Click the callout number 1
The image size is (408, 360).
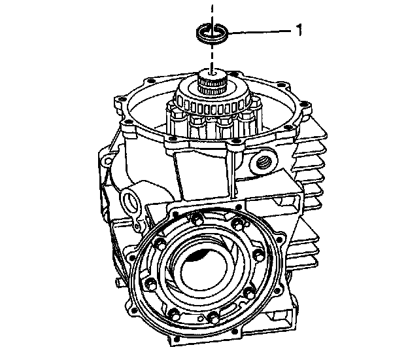pos(299,29)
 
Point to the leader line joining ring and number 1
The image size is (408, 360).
pos(260,32)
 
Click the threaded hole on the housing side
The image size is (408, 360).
pos(263,164)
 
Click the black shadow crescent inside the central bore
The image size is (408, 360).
pos(197,255)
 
